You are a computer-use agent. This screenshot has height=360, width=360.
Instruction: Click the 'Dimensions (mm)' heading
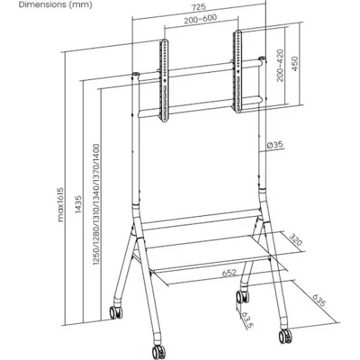pos(35,5)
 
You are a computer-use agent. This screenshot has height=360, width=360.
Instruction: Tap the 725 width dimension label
pos(197,6)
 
